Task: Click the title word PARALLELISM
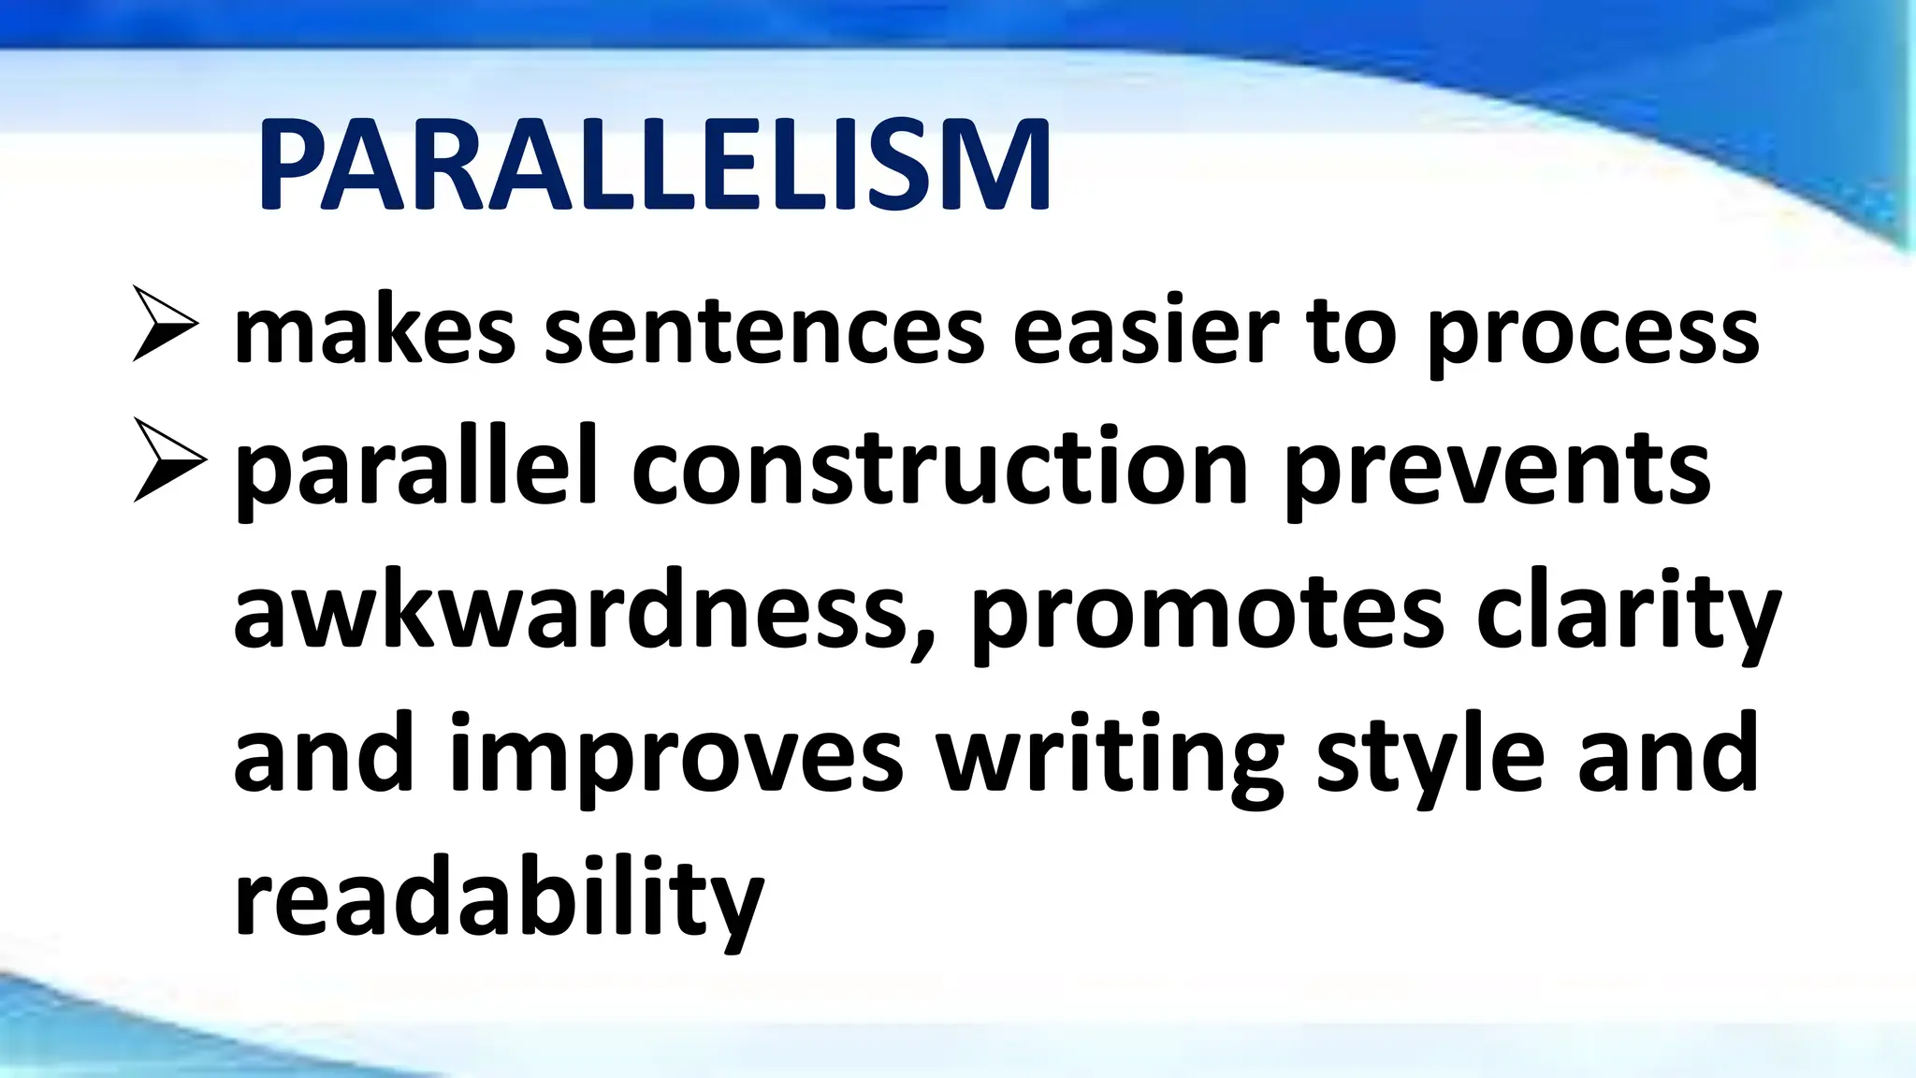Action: click(x=655, y=167)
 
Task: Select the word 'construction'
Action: click(x=940, y=468)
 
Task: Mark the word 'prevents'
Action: click(x=1497, y=473)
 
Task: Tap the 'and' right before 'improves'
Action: click(x=323, y=753)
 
